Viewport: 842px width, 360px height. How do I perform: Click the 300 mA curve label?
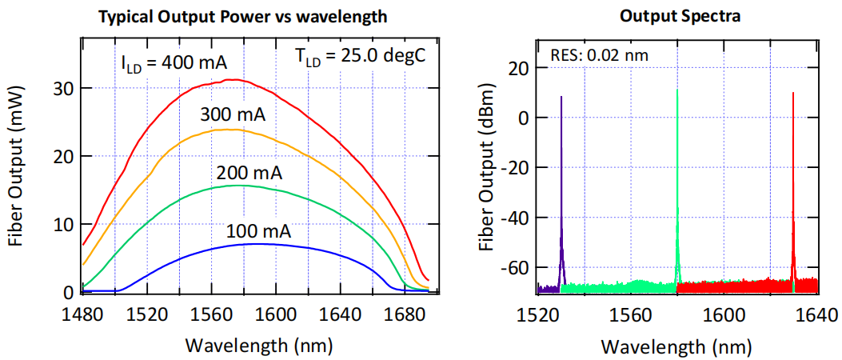(x=233, y=114)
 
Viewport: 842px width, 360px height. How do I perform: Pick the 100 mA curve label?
(x=257, y=233)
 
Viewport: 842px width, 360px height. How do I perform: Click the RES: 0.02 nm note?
(x=600, y=56)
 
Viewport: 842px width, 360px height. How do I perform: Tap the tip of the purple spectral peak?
(x=561, y=97)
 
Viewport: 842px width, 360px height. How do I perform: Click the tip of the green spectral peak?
(x=677, y=90)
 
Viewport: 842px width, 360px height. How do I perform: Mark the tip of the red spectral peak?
(x=793, y=93)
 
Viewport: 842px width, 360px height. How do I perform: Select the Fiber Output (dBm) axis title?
(x=485, y=170)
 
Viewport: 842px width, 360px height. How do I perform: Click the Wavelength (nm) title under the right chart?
(x=676, y=346)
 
